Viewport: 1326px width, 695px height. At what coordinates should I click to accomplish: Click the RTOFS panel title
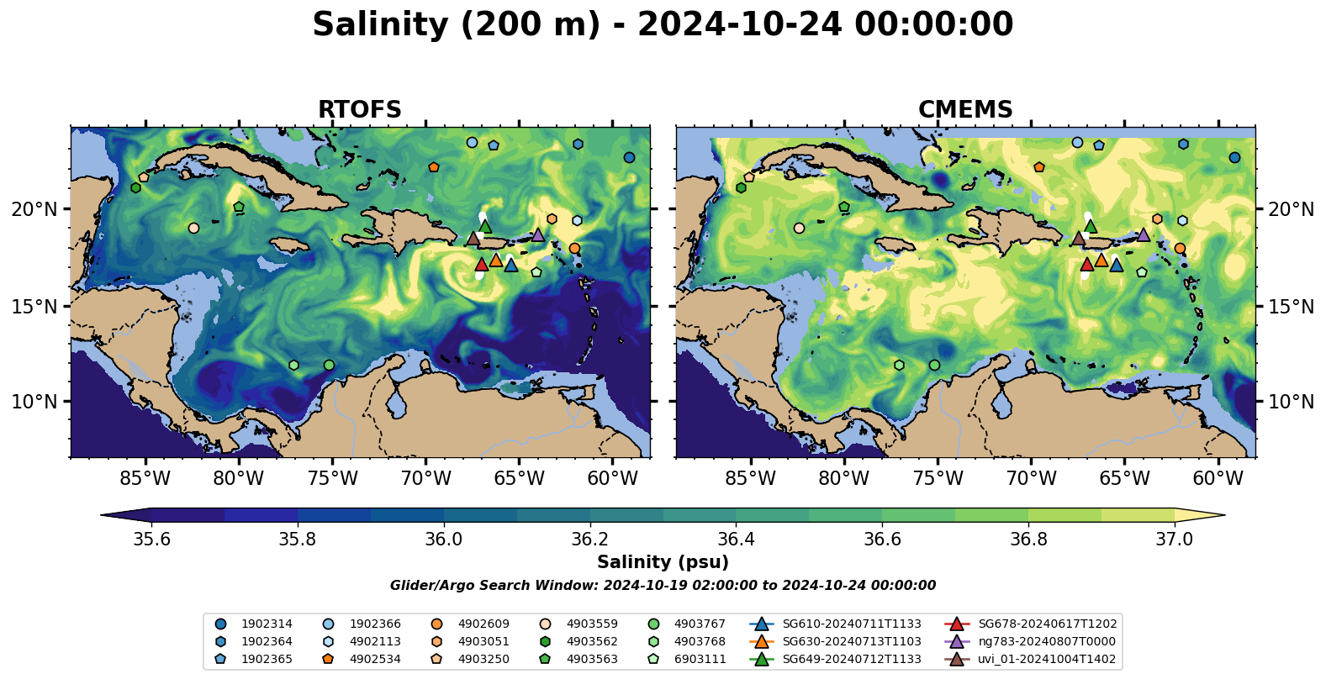click(359, 110)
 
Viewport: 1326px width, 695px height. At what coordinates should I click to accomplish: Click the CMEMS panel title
click(965, 110)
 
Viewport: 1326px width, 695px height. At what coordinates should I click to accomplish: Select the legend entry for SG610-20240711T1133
click(852, 624)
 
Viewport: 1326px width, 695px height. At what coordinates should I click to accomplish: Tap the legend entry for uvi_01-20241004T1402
click(1047, 659)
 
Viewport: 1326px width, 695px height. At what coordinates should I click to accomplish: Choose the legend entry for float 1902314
click(267, 624)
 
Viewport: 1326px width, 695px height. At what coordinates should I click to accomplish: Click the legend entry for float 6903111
click(700, 659)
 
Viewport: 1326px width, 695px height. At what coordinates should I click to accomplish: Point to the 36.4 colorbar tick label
click(736, 539)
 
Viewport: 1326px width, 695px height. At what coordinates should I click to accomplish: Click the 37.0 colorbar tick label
click(1174, 539)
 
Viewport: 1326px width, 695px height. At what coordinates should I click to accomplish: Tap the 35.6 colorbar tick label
click(151, 539)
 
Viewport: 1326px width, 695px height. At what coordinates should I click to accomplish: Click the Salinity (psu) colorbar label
click(663, 562)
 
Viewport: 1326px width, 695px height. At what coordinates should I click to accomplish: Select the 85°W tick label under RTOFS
click(145, 479)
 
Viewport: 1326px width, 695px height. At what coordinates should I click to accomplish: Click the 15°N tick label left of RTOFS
click(34, 307)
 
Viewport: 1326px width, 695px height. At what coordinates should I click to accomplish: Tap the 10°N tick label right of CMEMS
click(1291, 402)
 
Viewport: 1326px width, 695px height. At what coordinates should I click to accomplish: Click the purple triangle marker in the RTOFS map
click(537, 234)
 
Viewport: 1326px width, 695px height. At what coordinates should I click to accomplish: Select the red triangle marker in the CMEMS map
click(1086, 265)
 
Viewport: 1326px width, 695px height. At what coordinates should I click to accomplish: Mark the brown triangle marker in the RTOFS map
click(473, 239)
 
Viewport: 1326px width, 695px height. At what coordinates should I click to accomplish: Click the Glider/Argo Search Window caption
click(663, 586)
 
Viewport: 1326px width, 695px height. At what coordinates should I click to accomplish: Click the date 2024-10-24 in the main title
click(739, 25)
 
